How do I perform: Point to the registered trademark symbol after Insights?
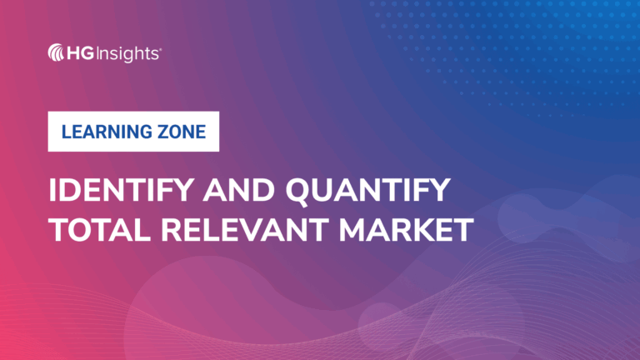[x=161, y=48]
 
